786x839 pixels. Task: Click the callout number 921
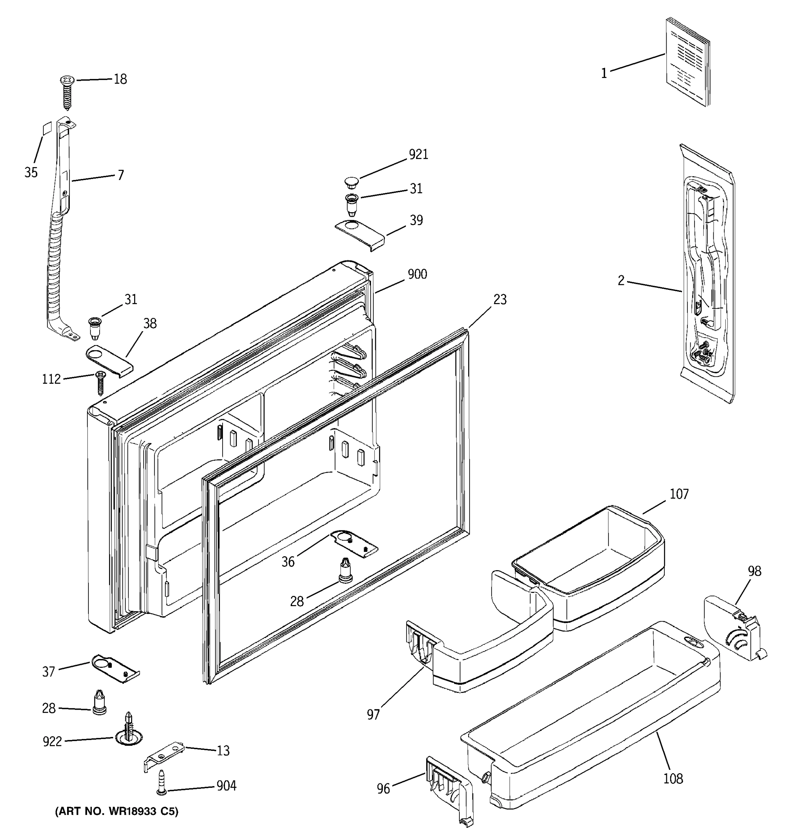[418, 155]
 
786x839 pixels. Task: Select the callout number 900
[417, 275]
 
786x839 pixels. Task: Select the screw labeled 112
[100, 382]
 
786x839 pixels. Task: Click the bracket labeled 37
[115, 668]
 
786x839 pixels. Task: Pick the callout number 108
[673, 779]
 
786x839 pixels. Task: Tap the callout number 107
[679, 494]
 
